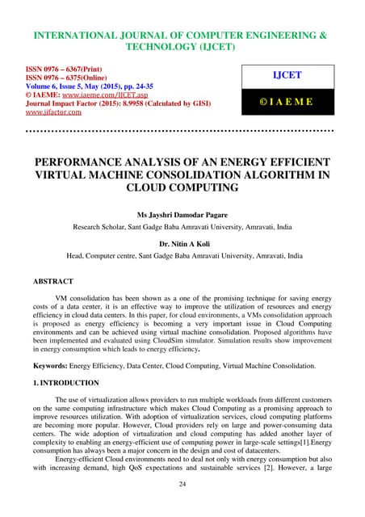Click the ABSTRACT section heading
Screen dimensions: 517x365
coord(52,282)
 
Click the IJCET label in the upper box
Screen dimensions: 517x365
coord(286,74)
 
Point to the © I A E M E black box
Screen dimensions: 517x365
coord(286,103)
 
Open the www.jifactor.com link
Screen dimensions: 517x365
coord(60,112)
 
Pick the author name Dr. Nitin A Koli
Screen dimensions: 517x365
coord(182,241)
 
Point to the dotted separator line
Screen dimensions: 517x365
coord(182,129)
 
